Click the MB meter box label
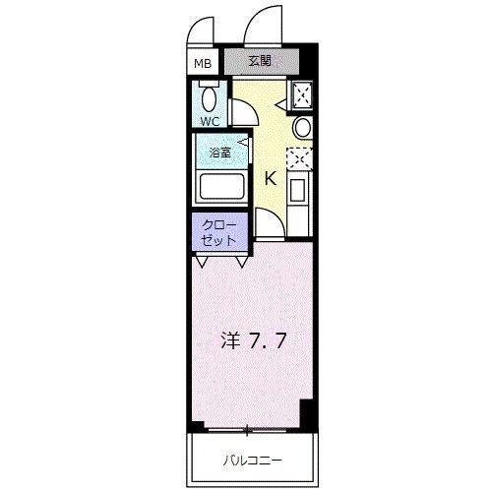[x=203, y=63]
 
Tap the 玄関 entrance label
[x=260, y=61]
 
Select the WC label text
[x=210, y=122]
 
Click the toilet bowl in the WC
[x=210, y=98]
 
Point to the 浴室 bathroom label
[x=220, y=153]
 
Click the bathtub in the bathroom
[x=222, y=187]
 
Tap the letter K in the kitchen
[x=271, y=179]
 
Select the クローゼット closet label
[x=218, y=233]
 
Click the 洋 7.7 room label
[x=254, y=340]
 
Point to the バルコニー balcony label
[x=252, y=461]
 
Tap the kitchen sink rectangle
[x=297, y=189]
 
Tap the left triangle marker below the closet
[x=202, y=262]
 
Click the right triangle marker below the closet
[x=242, y=262]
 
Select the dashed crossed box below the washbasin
[x=299, y=158]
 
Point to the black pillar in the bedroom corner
[x=306, y=413]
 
